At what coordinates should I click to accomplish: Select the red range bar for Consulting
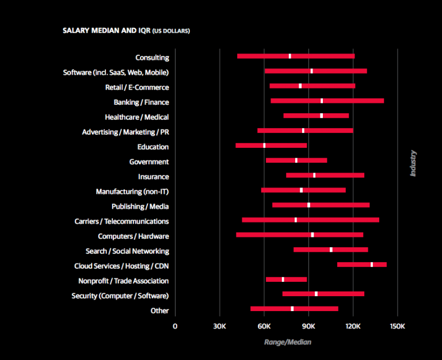pos(265,56)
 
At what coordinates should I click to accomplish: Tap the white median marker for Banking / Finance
pos(322,101)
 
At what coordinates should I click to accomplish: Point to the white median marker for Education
pos(264,145)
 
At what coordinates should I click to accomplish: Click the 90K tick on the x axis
pos(308,325)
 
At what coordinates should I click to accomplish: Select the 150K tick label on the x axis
pos(397,325)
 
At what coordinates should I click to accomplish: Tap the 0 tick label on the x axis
pos(175,325)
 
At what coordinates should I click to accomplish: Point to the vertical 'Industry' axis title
pos(413,163)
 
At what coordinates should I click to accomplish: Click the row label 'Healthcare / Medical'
pos(136,117)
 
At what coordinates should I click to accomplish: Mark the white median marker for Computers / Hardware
pos(312,235)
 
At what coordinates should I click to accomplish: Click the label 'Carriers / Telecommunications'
pos(121,221)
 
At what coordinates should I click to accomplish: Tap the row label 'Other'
pos(159,311)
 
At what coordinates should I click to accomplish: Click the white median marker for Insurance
pos(314,175)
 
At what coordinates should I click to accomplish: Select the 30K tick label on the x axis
pos(219,325)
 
